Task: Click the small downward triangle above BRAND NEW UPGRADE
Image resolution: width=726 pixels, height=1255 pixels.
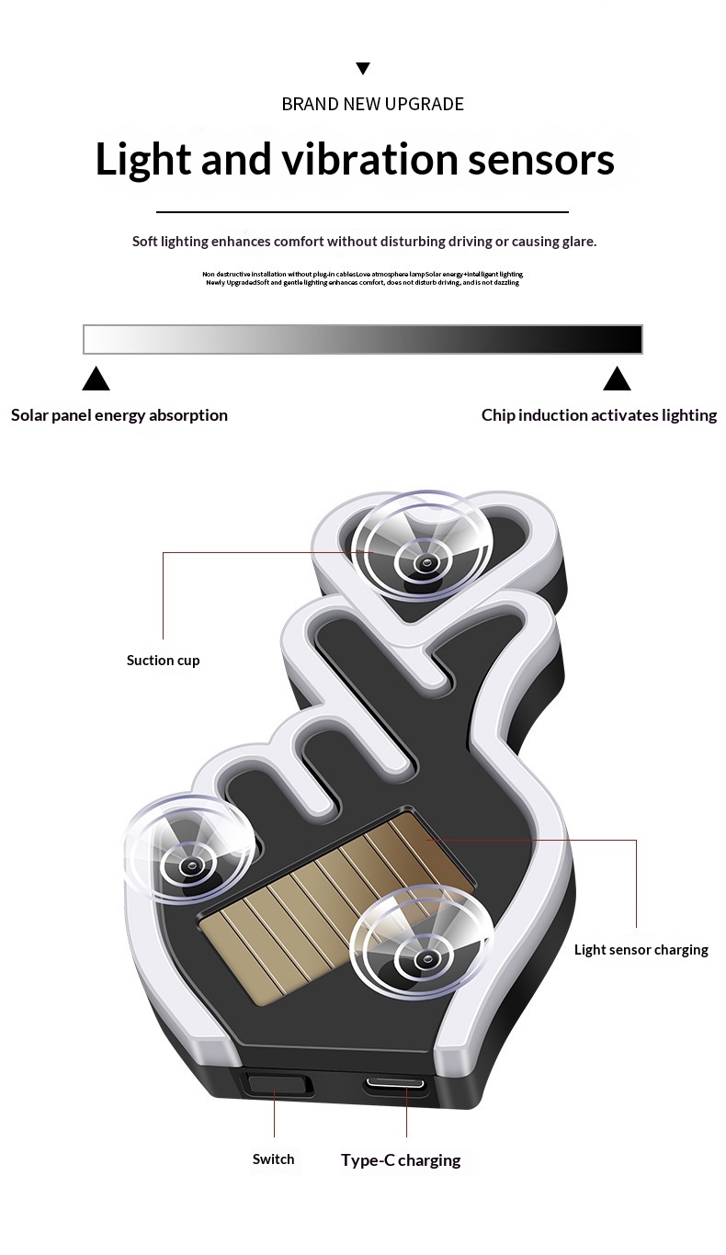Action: click(363, 68)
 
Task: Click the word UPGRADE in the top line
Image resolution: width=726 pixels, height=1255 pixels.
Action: click(425, 104)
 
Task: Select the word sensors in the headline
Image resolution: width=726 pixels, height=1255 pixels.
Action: click(541, 160)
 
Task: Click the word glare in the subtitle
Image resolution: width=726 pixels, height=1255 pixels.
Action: click(577, 242)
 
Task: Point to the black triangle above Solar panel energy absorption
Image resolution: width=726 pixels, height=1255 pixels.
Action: click(96, 379)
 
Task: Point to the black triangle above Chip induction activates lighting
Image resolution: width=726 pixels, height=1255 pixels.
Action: click(617, 379)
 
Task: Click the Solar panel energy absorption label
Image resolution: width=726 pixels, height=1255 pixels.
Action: click(119, 415)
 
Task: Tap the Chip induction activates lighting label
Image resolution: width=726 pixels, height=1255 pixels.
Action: click(599, 415)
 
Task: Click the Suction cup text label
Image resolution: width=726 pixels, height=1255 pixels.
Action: click(163, 661)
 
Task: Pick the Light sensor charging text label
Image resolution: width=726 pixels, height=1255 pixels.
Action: click(641, 950)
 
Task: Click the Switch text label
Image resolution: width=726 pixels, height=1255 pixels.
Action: click(274, 1159)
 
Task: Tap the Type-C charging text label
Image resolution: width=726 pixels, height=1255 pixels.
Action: click(401, 1160)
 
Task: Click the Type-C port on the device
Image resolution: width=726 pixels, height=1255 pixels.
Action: click(395, 1084)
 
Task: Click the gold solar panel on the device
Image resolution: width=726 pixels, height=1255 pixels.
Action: click(303, 919)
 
